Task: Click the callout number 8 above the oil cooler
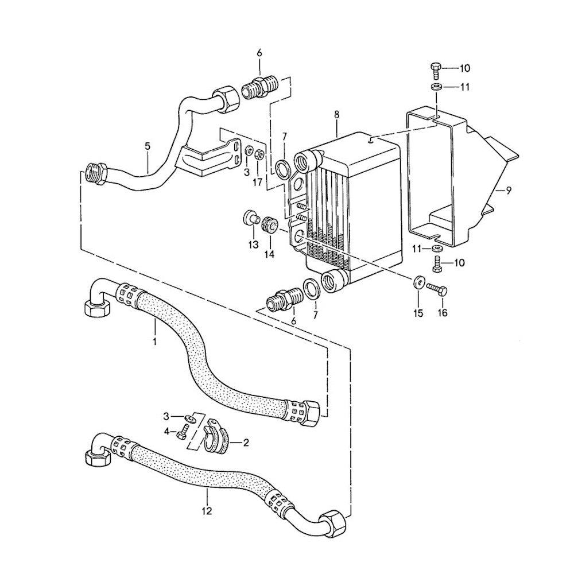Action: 336,115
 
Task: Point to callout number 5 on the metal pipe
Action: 148,146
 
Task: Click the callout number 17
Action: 258,183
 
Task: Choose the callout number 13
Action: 253,245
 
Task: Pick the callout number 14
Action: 269,253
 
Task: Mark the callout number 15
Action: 418,313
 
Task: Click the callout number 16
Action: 443,313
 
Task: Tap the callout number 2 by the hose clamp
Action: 246,443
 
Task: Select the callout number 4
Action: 167,432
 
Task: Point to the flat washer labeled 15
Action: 417,281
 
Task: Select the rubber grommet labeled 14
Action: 268,223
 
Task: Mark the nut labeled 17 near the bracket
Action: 259,154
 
